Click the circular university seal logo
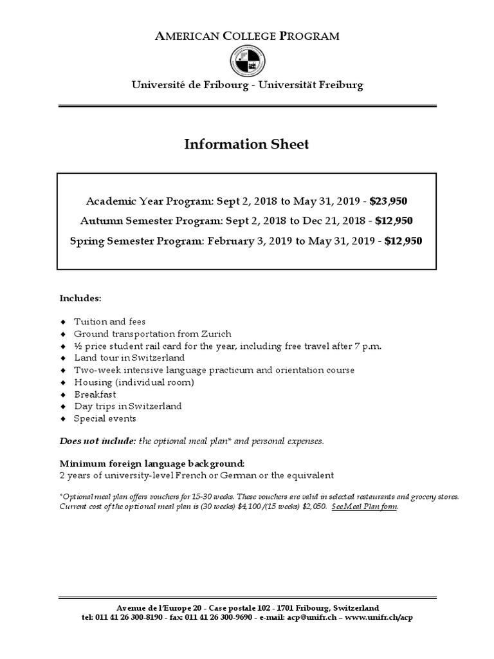coord(246,62)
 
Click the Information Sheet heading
coord(246,144)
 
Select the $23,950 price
coord(389,201)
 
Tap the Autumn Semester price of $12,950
coord(394,221)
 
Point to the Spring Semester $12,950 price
coord(404,241)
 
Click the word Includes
coord(80,299)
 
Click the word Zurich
coord(215,333)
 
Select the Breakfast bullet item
coord(95,394)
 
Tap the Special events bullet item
coord(105,418)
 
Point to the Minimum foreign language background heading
coord(152,463)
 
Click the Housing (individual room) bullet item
coord(134,382)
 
